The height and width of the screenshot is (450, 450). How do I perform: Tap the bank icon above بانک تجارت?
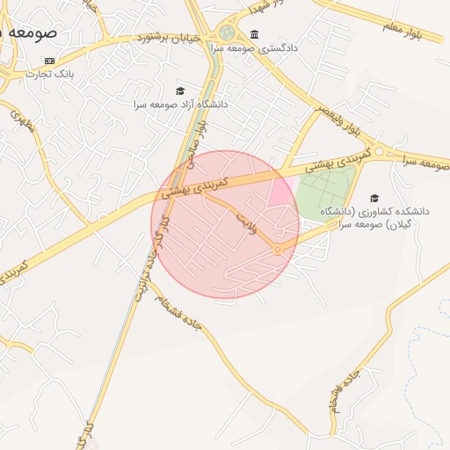pyautogui.click(x=49, y=61)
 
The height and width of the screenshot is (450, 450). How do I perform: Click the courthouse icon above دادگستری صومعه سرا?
pyautogui.click(x=254, y=35)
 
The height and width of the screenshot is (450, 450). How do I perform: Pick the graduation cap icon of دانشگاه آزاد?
pyautogui.click(x=181, y=91)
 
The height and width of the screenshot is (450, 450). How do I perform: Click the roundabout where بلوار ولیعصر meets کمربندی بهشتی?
pyautogui.click(x=380, y=152)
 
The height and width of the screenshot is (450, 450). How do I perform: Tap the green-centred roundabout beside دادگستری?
pyautogui.click(x=228, y=33)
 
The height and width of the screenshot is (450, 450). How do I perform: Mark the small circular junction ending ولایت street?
pyautogui.click(x=278, y=250)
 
